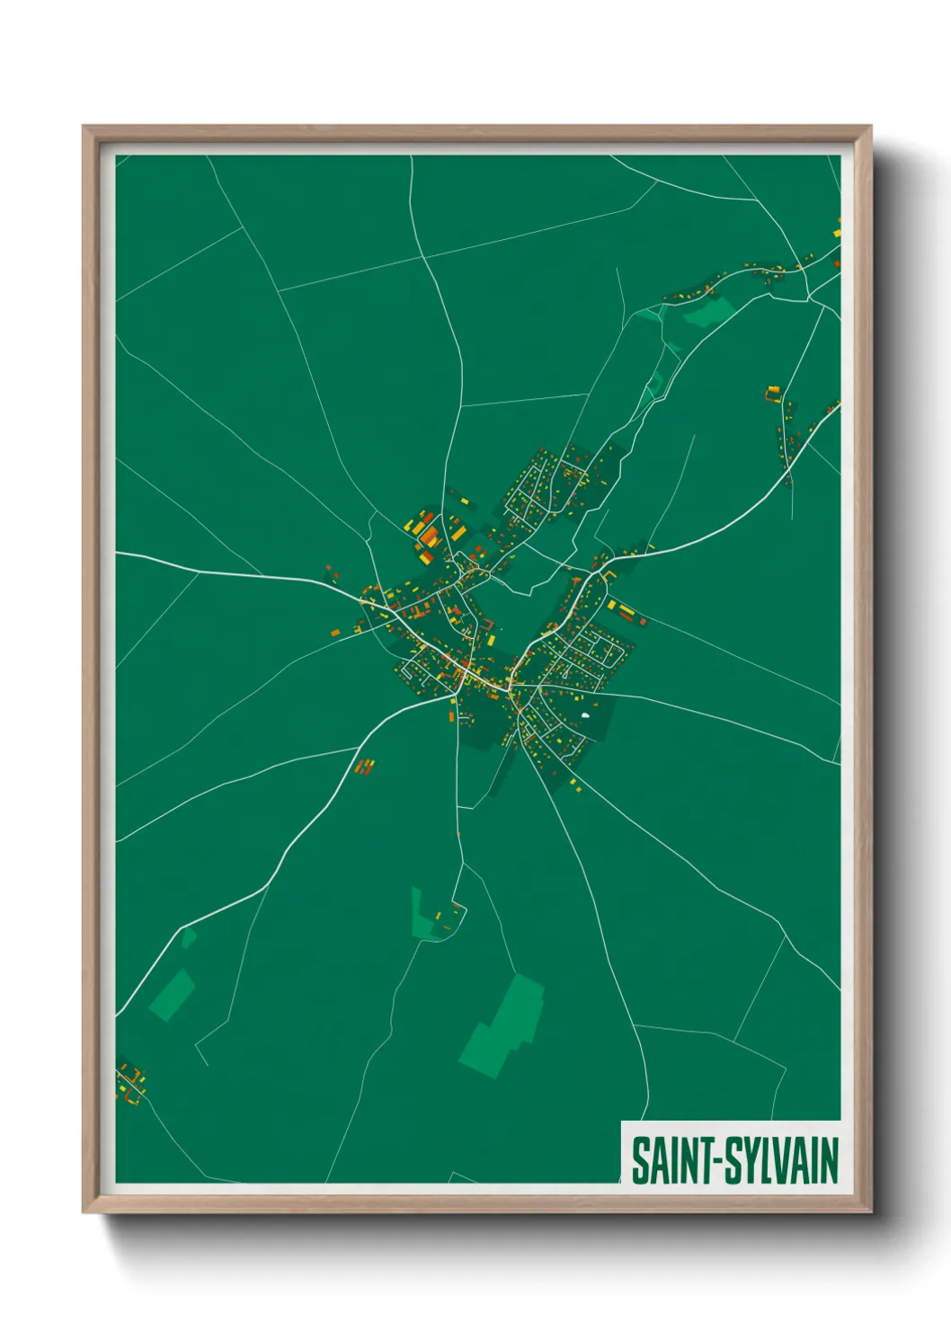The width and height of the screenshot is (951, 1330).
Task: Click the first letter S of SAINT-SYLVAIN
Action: (x=639, y=1161)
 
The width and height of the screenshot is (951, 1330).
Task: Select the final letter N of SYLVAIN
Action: (x=829, y=1161)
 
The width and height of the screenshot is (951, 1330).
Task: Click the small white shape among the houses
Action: (x=585, y=715)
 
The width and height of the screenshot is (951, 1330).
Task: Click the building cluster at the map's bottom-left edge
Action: (x=130, y=1083)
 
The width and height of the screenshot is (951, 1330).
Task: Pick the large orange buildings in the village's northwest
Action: (x=428, y=534)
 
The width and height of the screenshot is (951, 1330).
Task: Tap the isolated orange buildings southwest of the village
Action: (x=365, y=767)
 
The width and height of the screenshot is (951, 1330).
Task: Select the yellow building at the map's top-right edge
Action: (x=836, y=232)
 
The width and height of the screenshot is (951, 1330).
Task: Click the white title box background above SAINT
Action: (x=730, y=1129)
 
